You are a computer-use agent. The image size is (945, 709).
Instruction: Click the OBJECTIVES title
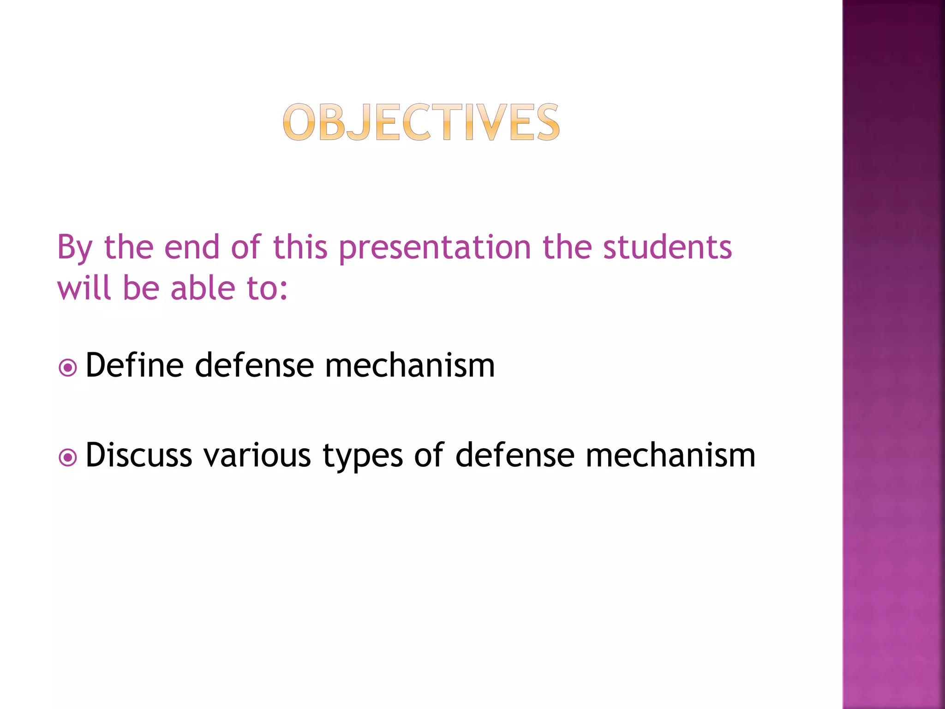(421, 122)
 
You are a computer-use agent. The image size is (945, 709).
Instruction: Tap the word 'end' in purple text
(191, 247)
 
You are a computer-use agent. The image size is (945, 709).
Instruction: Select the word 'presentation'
(435, 248)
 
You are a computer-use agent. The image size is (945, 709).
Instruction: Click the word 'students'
(667, 247)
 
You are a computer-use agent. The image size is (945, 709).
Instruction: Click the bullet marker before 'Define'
(68, 368)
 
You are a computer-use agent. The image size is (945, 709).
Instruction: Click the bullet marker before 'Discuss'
(68, 457)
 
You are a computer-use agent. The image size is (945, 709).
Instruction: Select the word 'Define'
(134, 365)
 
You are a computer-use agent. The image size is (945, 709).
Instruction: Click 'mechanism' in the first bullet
(410, 365)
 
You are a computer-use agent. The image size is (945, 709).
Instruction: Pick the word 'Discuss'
(138, 455)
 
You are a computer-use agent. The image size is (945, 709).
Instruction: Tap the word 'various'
(257, 456)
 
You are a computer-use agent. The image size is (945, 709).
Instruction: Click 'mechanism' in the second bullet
(670, 455)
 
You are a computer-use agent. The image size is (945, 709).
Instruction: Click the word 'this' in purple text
(300, 247)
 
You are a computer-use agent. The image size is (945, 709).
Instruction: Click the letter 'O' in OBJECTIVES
(299, 122)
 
